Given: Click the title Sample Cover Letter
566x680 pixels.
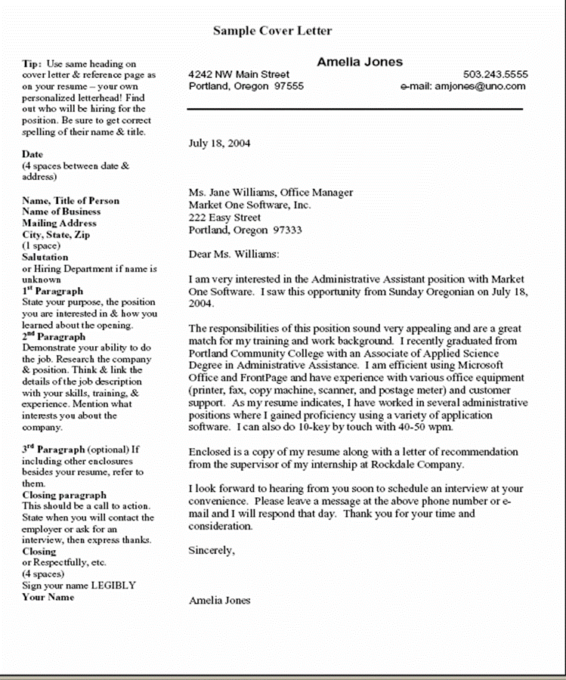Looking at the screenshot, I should pos(272,31).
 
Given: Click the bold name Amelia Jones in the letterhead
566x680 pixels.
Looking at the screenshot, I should pos(359,62).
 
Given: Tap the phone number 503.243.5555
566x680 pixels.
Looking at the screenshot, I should pos(495,75).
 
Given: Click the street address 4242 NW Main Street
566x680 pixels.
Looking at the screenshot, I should pos(239,75).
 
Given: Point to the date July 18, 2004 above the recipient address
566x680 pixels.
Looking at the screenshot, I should pos(219,143).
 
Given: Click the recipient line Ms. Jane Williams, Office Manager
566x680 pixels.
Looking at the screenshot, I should pos(271,193).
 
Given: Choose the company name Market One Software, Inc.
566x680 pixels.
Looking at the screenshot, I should pos(249,205).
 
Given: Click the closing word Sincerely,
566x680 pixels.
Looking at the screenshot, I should pos(211,551).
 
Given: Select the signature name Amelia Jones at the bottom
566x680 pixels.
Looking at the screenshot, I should pos(219,601).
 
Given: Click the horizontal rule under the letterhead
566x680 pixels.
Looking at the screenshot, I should pos(355,110).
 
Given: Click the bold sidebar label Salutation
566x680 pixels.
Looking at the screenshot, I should pos(45,257).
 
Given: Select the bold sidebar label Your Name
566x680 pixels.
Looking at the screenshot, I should pos(48,597).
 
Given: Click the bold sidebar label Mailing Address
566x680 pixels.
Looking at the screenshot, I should pos(59,223).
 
